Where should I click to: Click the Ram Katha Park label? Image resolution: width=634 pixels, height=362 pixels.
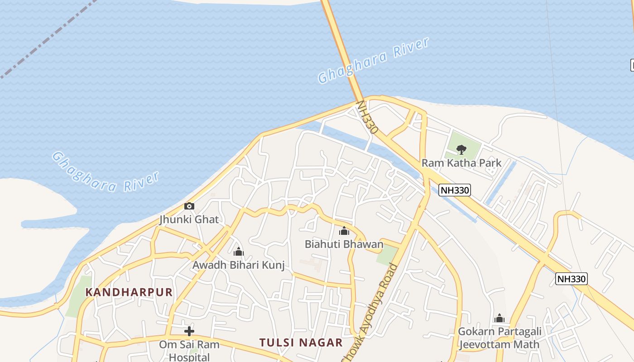(x=461, y=163)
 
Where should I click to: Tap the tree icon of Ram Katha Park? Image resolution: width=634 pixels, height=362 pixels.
(x=461, y=149)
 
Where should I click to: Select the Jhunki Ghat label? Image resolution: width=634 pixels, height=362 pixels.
(x=189, y=220)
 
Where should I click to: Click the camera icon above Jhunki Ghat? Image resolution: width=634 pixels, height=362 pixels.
(x=189, y=206)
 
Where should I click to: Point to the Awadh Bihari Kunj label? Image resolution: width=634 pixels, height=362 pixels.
(x=239, y=265)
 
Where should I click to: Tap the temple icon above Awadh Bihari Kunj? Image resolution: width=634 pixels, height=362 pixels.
(x=239, y=252)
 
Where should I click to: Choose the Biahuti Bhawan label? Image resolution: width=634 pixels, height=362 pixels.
(x=344, y=244)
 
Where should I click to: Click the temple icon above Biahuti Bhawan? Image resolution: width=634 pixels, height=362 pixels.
(x=344, y=231)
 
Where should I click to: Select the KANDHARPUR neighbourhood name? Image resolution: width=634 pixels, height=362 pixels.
(x=129, y=292)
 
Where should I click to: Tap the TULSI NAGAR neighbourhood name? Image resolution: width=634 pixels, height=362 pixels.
(x=301, y=343)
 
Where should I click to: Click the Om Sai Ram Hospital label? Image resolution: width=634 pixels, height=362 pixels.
(x=189, y=350)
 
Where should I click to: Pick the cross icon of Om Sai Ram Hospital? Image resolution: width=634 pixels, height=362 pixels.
(x=189, y=331)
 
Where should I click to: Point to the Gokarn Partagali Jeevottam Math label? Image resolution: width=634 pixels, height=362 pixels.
(x=500, y=338)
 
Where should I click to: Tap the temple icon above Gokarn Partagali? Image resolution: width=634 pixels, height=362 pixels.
(x=500, y=319)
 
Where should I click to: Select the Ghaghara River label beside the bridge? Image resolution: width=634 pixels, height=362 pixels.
(x=373, y=61)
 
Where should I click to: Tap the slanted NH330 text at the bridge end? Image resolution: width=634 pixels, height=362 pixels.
(x=367, y=117)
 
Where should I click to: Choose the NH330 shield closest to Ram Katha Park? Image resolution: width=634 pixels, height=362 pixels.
(x=455, y=191)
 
